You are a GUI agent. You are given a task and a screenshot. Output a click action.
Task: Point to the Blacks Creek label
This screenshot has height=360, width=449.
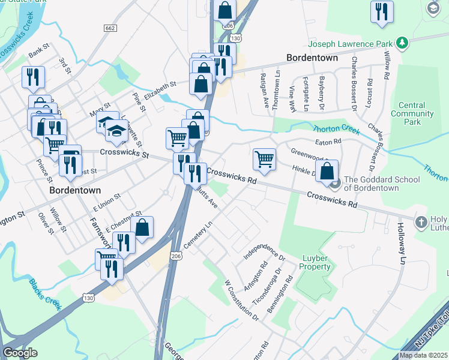tap(41, 291)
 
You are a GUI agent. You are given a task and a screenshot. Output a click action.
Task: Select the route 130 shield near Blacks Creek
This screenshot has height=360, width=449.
tap(88, 298)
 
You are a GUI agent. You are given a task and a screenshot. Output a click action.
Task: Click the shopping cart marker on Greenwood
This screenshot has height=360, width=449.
tap(264, 159)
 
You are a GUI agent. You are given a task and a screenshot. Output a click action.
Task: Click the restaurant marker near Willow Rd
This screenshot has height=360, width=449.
tap(382, 11)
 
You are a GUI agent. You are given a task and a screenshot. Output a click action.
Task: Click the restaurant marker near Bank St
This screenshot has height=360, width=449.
tap(32, 77)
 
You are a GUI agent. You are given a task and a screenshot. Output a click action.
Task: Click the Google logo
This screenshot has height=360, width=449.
tap(20, 353)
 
